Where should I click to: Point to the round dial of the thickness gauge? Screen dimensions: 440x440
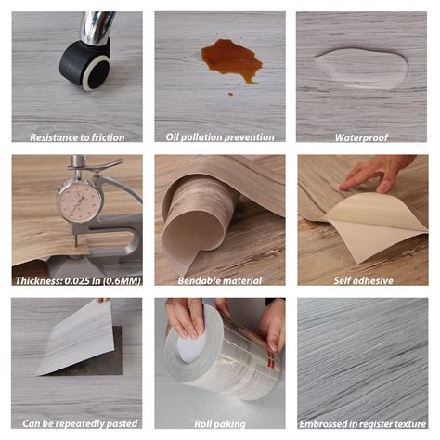click(x=77, y=200)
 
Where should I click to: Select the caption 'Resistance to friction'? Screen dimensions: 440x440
click(x=76, y=136)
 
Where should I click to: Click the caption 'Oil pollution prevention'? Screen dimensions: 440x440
click(x=220, y=136)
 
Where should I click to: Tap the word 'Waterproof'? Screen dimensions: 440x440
click(x=362, y=136)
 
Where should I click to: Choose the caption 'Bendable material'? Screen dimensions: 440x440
click(x=220, y=279)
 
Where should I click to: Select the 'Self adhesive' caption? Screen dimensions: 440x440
click(x=363, y=279)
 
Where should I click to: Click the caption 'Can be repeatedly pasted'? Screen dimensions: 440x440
click(x=76, y=422)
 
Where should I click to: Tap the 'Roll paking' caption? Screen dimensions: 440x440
click(x=220, y=422)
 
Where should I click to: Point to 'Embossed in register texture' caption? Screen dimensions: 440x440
click(x=363, y=422)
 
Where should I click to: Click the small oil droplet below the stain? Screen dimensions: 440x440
click(x=229, y=92)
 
